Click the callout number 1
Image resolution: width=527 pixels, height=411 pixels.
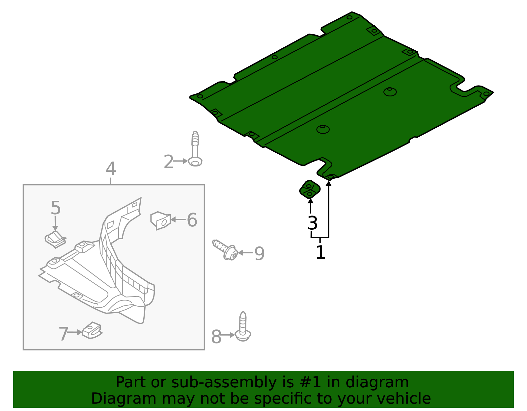(x=320, y=253)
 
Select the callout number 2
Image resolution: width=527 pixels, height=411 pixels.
(x=168, y=162)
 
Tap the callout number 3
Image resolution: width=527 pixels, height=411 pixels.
(x=312, y=223)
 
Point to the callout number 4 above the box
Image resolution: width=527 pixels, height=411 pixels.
(x=111, y=169)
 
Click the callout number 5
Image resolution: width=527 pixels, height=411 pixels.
(x=56, y=208)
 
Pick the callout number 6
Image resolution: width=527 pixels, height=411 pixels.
(x=192, y=220)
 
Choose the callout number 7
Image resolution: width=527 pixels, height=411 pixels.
(x=63, y=334)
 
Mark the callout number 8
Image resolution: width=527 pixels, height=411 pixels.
(x=216, y=337)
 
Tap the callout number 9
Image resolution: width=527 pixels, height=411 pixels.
(x=260, y=254)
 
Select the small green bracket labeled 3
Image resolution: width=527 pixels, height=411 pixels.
(x=310, y=189)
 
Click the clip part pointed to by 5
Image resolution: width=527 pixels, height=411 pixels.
(x=55, y=239)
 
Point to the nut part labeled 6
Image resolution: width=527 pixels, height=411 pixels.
(x=160, y=220)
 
